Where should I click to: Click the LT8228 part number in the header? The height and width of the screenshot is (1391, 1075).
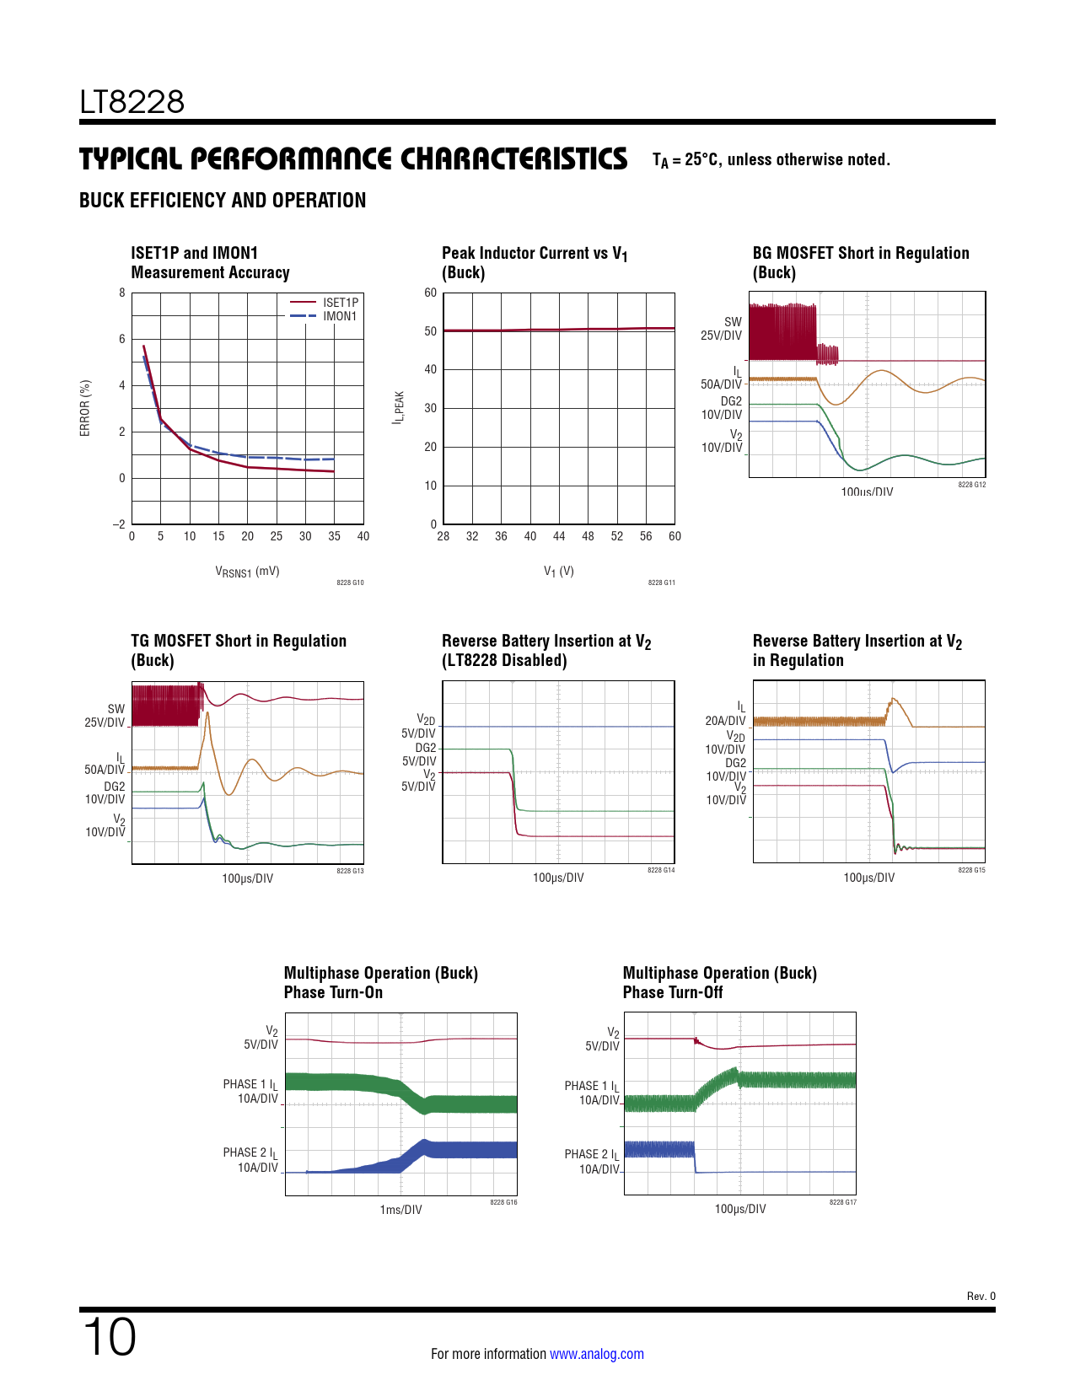point(132,102)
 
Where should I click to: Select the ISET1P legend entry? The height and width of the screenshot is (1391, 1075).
point(340,302)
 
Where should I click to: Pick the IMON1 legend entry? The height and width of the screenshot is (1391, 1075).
point(339,316)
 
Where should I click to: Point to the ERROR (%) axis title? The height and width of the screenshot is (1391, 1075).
point(85,408)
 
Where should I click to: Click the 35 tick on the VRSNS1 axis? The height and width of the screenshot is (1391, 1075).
point(334,536)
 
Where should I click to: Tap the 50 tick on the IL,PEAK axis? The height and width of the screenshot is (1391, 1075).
point(431,331)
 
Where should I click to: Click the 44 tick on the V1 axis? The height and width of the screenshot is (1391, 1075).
point(559,536)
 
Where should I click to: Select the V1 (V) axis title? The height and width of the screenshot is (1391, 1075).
point(558,572)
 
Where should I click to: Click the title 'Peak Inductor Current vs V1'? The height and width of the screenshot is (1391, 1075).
point(535,254)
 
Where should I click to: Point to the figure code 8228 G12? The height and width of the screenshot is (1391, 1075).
point(971,485)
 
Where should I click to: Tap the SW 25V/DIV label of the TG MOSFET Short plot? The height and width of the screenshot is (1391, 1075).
point(105,716)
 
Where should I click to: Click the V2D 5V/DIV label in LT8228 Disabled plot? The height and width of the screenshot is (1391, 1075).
point(419,727)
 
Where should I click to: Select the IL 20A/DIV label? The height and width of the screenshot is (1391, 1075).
point(726,714)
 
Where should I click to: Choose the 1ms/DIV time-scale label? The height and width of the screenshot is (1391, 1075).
point(400,1210)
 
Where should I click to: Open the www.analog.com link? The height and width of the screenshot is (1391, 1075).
point(597,1354)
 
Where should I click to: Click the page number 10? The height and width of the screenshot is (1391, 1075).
point(109,1337)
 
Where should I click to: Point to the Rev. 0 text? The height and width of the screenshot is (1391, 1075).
point(981,1297)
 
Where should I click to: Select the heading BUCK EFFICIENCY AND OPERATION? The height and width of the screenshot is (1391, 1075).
point(223,201)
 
